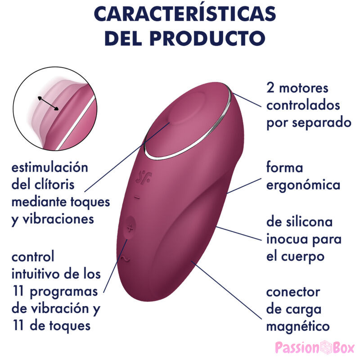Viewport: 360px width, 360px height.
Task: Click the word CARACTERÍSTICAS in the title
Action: [185, 14]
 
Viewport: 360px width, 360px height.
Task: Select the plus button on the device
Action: [130, 228]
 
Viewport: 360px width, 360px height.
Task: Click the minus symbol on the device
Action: [137, 198]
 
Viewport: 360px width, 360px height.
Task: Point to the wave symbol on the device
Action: [126, 259]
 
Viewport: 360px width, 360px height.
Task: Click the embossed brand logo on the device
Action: [144, 177]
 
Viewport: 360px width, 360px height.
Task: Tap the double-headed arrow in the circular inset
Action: [48, 103]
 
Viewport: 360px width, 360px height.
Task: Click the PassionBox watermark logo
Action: [315, 347]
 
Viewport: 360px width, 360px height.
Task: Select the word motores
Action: [303, 88]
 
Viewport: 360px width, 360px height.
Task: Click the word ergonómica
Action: [303, 185]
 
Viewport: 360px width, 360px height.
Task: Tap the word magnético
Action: [298, 327]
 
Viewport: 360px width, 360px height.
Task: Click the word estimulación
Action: [50, 167]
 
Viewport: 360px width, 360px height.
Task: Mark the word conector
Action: [293, 292]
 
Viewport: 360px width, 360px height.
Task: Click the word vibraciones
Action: [58, 219]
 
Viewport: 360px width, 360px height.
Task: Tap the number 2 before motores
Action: [270, 88]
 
